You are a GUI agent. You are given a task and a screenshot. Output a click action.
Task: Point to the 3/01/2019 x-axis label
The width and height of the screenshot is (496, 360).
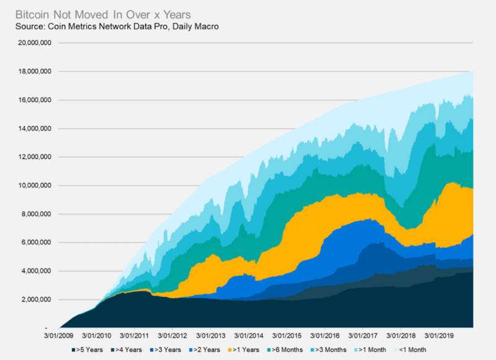pyautogui.click(x=439, y=335)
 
